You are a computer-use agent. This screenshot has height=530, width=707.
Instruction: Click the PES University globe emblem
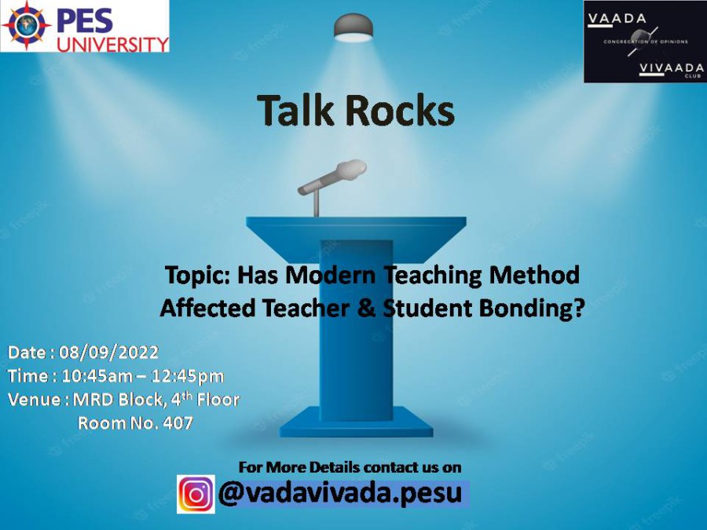point(26,25)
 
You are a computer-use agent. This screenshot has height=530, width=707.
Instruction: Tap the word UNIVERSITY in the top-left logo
point(112,44)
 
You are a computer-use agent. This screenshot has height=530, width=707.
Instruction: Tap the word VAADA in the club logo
point(617,19)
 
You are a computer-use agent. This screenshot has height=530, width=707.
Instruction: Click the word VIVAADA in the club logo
point(672,68)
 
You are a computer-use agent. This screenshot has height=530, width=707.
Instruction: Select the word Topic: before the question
point(198,275)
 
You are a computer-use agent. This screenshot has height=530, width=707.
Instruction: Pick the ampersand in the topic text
point(366,309)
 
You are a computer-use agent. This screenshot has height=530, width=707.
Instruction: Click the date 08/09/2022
point(108,353)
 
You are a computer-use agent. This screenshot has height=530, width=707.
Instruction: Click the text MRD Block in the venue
point(117,400)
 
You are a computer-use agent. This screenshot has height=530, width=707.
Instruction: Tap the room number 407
point(178,423)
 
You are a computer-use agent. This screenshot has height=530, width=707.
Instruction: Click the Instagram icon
point(196,495)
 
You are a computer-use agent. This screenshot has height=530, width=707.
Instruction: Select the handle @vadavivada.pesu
point(340,494)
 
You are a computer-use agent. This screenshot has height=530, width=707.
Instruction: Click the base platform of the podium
point(356,422)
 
